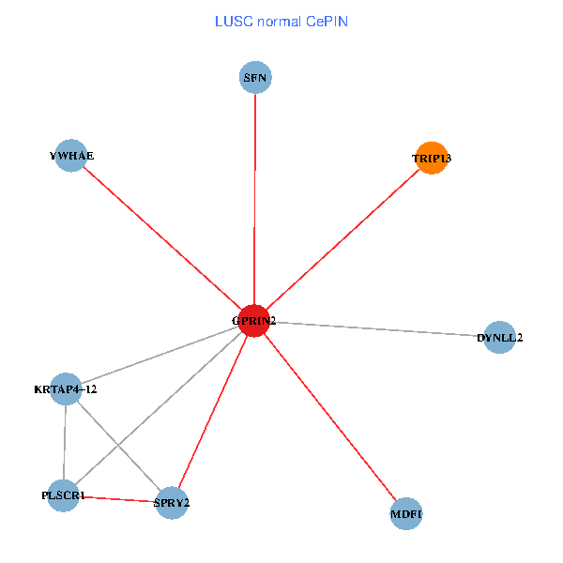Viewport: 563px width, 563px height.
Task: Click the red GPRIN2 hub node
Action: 254,321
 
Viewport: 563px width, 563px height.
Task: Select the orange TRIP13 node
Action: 432,158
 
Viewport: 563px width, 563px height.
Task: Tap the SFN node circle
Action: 255,77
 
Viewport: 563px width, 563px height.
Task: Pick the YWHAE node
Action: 71,156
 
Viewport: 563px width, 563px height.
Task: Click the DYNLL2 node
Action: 499,337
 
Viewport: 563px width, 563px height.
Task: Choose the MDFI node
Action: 406,513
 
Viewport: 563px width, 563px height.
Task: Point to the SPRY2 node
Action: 172,503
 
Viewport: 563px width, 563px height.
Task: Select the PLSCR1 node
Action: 63,495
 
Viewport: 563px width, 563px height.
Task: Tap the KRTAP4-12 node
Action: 66,388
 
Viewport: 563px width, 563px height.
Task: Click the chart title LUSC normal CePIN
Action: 281,22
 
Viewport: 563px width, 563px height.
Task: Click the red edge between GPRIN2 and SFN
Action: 254,199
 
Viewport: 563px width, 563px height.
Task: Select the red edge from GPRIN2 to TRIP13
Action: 342,239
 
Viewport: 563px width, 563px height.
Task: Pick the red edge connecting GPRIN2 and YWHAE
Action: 162,238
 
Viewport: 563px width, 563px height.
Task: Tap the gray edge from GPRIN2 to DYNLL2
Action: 376,329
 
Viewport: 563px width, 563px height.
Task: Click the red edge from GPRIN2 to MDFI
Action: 330,417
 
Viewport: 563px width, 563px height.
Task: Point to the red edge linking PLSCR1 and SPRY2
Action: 117,499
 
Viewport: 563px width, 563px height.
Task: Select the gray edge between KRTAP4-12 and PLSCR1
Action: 65,442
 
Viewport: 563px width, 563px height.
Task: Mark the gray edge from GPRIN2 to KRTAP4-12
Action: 160,355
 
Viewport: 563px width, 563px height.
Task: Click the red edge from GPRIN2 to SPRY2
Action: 213,412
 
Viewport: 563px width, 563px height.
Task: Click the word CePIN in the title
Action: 327,22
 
